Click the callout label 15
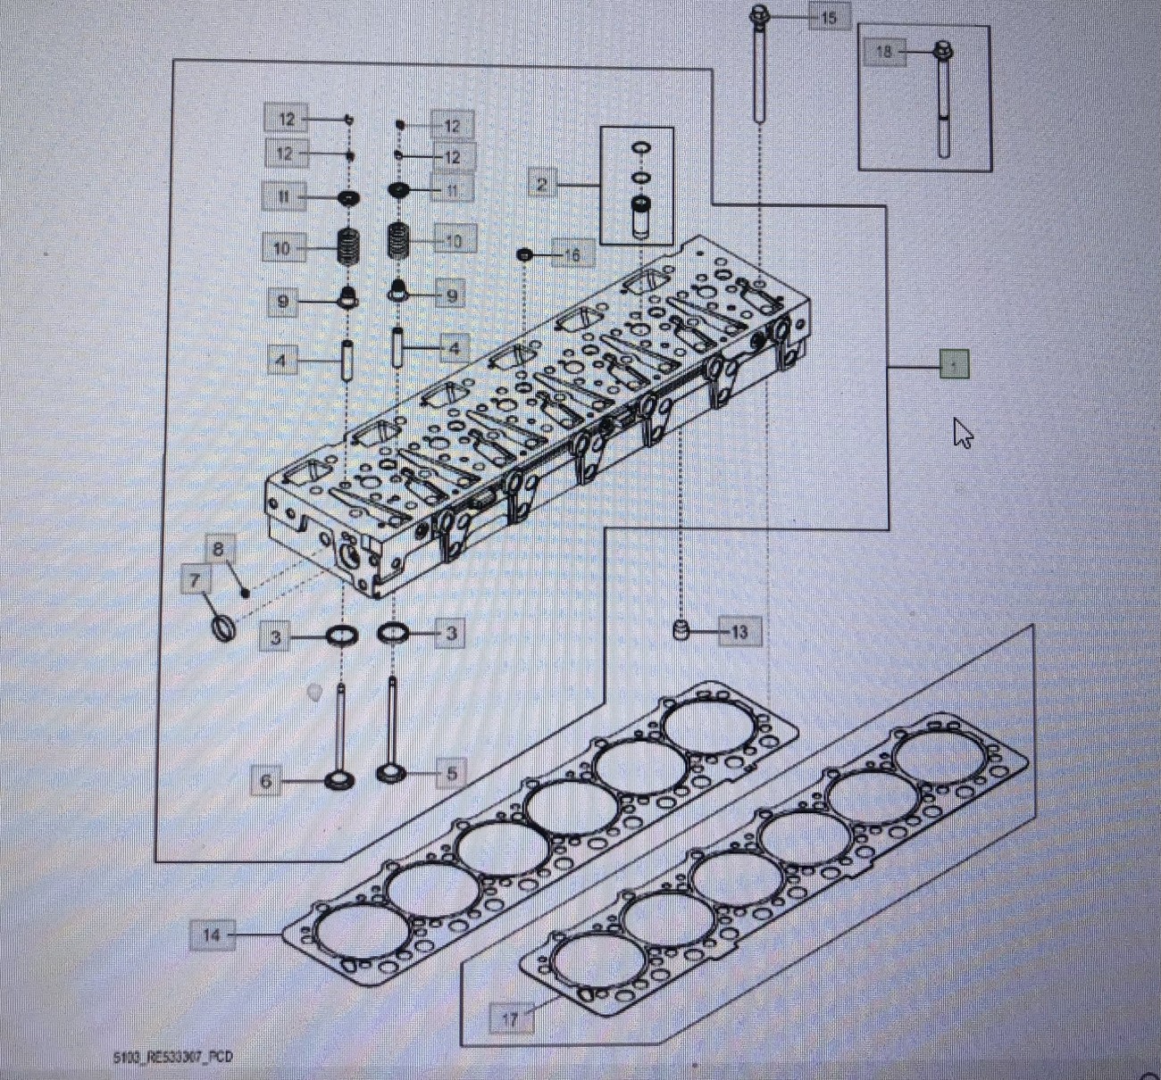tap(828, 17)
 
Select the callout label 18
tap(883, 52)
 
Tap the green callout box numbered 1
tap(954, 365)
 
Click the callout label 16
tap(572, 255)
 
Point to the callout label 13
tap(739, 632)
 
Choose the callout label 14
tap(211, 935)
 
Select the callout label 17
tap(511, 1018)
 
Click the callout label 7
tap(196, 581)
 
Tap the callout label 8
tap(219, 549)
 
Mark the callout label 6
tap(266, 781)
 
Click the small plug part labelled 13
tap(681, 630)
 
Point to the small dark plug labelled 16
tap(525, 255)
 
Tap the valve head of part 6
tap(338, 781)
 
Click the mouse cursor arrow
tap(962, 433)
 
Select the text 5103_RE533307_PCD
tap(172, 1057)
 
